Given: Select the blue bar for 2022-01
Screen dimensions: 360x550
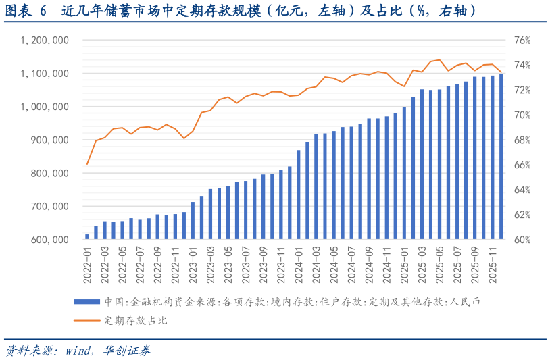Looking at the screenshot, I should coord(87,236).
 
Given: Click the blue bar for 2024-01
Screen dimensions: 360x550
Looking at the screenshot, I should coord(299,195).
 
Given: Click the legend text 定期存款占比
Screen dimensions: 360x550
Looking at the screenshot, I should coord(136,321).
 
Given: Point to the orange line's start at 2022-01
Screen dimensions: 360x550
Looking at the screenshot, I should coord(87,164).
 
